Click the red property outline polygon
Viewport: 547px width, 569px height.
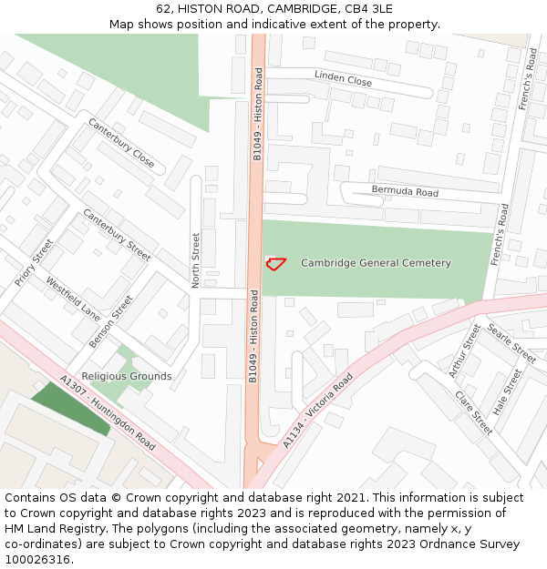coord(275,263)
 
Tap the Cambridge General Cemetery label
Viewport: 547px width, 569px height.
coord(376,263)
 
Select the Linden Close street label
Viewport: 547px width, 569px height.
coord(343,79)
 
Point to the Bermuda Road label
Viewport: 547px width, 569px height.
coord(405,191)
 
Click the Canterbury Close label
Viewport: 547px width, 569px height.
coord(121,143)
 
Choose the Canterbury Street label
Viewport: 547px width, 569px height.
coord(117,235)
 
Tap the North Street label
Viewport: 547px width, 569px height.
coord(195,260)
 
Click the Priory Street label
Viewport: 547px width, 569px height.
coord(34,262)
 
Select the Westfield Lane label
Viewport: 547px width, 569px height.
coord(73,299)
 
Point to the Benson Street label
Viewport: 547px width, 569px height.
coord(111,320)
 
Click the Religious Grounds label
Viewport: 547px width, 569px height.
coord(127,376)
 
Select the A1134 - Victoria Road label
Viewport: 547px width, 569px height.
coord(317,410)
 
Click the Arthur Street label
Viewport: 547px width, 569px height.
coord(464,351)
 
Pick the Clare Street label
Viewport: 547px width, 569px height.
coord(473,412)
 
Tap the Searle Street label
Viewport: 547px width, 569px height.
coord(511,342)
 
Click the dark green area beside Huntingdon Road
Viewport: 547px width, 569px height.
coord(68,408)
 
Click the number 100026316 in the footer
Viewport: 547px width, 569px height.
coord(37,560)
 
